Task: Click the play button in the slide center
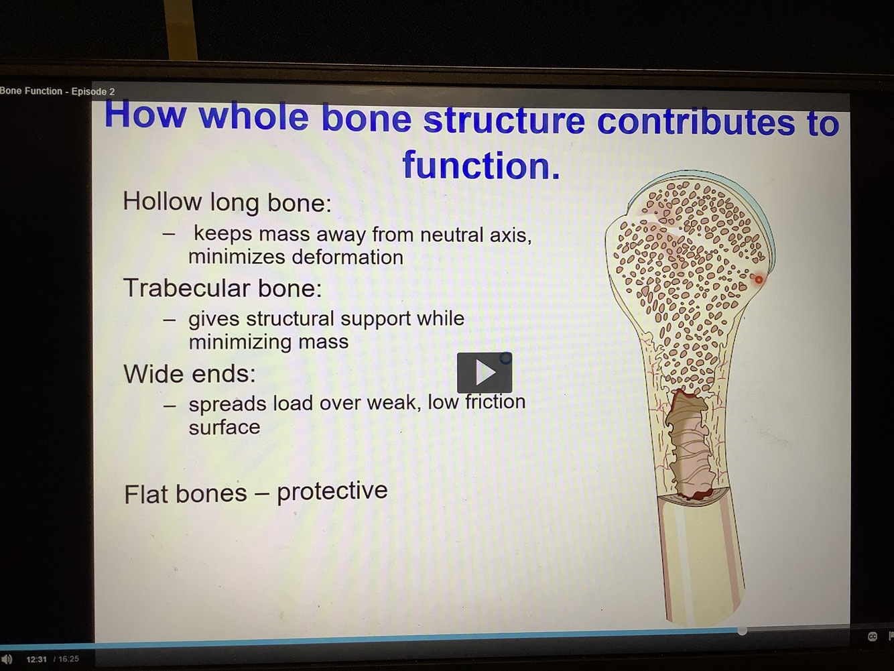click(x=485, y=373)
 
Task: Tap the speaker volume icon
click(x=7, y=659)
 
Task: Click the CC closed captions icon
click(x=873, y=637)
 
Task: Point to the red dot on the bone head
click(x=759, y=280)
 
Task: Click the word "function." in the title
click(x=481, y=165)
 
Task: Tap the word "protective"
click(x=332, y=491)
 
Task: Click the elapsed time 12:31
click(x=37, y=659)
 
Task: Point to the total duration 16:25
click(x=68, y=659)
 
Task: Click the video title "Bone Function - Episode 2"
click(x=57, y=91)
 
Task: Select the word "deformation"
click(x=347, y=257)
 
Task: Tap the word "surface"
click(x=225, y=428)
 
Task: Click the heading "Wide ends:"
click(x=190, y=373)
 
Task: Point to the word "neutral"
click(x=451, y=235)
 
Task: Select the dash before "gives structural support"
click(x=170, y=320)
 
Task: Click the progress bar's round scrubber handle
click(x=742, y=631)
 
